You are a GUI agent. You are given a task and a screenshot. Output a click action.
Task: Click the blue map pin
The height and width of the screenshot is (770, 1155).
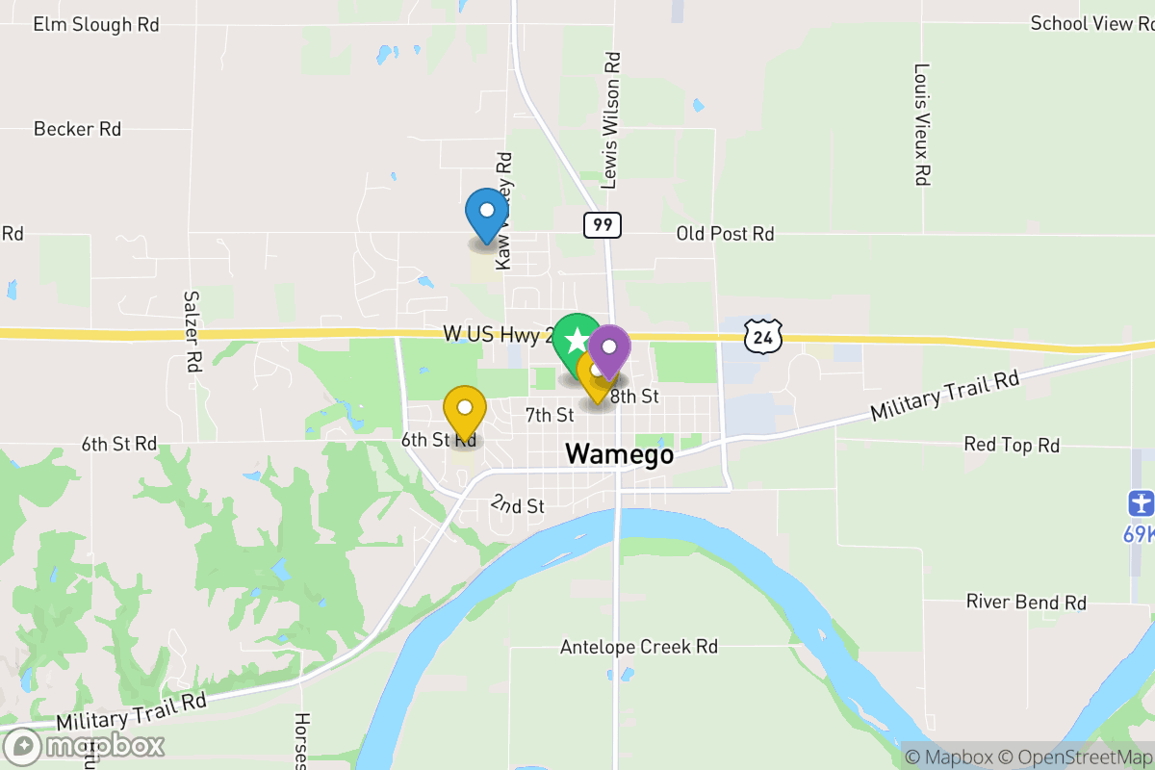click(487, 213)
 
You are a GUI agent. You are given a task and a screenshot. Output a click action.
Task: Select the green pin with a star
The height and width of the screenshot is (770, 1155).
click(577, 339)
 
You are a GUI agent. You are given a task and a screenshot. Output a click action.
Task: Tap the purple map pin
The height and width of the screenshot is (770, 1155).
click(609, 348)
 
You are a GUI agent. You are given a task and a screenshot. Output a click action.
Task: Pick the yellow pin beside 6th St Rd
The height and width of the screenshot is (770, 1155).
click(465, 411)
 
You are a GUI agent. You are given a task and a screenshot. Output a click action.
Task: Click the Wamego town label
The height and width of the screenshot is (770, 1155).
click(619, 454)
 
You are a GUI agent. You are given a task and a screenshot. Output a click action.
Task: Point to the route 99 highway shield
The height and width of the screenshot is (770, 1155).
click(602, 225)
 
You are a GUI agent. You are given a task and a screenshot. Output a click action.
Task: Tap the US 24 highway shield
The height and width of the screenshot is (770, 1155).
click(762, 336)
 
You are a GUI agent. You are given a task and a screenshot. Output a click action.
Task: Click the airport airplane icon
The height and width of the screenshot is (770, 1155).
click(1141, 502)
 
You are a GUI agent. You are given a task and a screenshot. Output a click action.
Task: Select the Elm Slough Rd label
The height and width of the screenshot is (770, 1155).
click(96, 25)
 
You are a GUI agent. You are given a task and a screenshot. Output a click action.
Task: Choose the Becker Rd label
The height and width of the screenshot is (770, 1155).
click(77, 129)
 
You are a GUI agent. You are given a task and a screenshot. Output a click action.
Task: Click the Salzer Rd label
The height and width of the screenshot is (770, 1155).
click(192, 332)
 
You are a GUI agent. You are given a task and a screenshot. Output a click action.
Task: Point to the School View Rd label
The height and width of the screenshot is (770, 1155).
click(1091, 23)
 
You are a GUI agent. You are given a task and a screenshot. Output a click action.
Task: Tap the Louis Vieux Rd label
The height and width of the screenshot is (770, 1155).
click(922, 124)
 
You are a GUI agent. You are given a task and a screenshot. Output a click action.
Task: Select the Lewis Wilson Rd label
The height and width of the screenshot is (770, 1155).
click(611, 120)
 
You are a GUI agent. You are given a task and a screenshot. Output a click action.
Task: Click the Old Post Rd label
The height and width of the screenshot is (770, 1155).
click(725, 233)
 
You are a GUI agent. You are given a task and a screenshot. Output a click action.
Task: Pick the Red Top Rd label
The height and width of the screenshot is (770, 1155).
click(1012, 445)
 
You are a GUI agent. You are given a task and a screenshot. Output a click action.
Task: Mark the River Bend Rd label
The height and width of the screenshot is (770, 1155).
click(1026, 603)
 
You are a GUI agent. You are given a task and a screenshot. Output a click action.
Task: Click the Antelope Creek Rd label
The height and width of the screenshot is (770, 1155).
click(639, 647)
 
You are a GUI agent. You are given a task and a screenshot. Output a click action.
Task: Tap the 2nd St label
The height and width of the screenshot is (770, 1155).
click(518, 504)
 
